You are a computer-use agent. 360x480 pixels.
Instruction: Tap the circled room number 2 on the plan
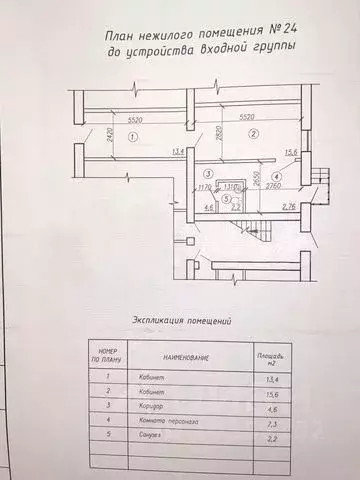click(254, 133)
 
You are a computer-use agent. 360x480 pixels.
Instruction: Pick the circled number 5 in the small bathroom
click(228, 198)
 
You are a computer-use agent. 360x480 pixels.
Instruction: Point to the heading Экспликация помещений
click(182, 321)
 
